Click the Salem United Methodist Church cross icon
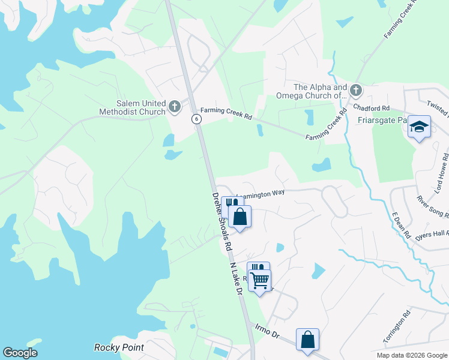pyautogui.click(x=175, y=107)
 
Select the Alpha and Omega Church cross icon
pyautogui.click(x=355, y=91)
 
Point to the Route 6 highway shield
pyautogui.click(x=196, y=119)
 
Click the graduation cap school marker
pyautogui.click(x=420, y=127)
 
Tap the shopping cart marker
pyautogui.click(x=260, y=280)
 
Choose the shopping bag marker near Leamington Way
pyautogui.click(x=240, y=217)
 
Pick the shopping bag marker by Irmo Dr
pyautogui.click(x=307, y=339)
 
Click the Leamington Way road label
pyautogui.click(x=260, y=193)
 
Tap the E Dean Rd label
pyautogui.click(x=400, y=224)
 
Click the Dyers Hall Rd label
pyautogui.click(x=432, y=236)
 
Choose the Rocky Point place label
pyautogui.click(x=119, y=347)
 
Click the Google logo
pyautogui.click(x=20, y=353)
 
